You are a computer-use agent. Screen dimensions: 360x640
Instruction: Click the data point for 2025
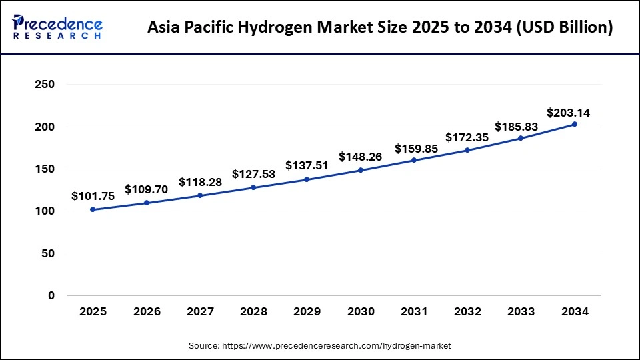tap(93, 209)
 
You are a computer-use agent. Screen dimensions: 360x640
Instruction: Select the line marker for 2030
tap(361, 170)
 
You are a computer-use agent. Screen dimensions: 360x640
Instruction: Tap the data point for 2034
tap(575, 124)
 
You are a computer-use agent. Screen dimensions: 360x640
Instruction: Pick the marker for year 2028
tap(253, 187)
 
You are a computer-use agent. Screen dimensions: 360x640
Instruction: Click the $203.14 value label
tap(568, 113)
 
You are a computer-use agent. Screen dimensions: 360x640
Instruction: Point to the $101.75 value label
tap(93, 197)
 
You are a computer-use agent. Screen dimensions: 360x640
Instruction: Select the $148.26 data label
tap(360, 157)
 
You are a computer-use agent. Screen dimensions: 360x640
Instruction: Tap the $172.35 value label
tap(467, 137)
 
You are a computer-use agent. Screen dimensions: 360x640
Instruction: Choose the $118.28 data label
tap(200, 182)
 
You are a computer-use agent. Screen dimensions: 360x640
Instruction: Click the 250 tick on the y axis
tap(45, 85)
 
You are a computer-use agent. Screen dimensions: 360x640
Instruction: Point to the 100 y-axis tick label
tap(45, 211)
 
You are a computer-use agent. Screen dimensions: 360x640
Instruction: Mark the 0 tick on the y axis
tap(51, 295)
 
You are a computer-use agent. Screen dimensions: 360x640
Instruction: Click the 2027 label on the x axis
tap(200, 311)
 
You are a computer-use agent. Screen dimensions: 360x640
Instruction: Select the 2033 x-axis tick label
tap(521, 311)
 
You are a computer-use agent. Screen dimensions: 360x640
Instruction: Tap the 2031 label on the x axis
tap(414, 311)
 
